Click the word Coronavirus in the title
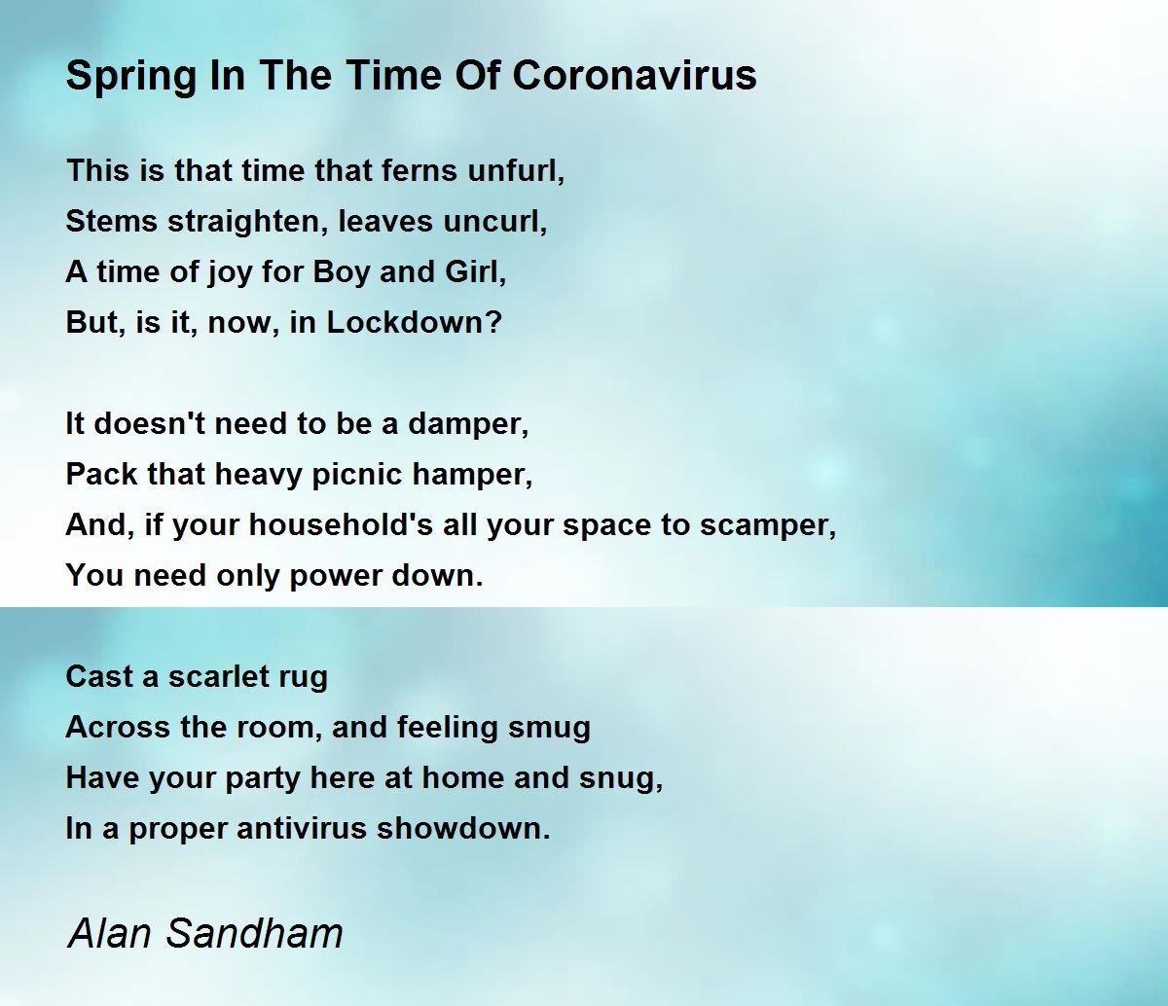pyautogui.click(x=635, y=75)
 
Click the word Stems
pyautogui.click(x=111, y=221)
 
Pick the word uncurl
pyautogui.click(x=495, y=221)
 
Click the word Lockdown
pyautogui.click(x=406, y=322)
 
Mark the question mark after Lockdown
pyautogui.click(x=493, y=322)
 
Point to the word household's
pyautogui.click(x=341, y=524)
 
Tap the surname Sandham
pyautogui.click(x=254, y=933)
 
